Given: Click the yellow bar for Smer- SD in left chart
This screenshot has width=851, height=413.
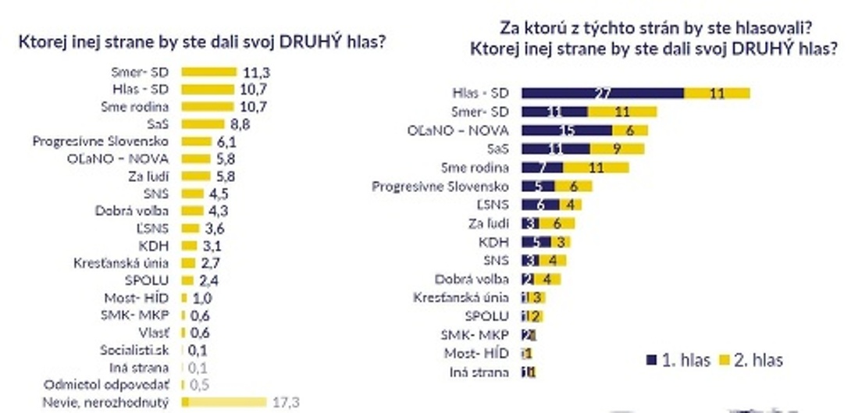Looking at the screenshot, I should pyautogui.click(x=208, y=72).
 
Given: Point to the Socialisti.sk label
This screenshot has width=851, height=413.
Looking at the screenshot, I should pyautogui.click(x=134, y=350).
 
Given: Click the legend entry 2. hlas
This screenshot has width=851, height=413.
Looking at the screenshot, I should pyautogui.click(x=750, y=360).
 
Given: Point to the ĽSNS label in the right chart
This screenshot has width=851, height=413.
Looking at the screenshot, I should pyautogui.click(x=493, y=205).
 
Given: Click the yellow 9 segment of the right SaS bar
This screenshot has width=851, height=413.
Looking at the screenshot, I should pyautogui.click(x=618, y=148).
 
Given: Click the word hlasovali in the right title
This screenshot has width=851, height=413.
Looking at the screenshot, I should pyautogui.click(x=759, y=30).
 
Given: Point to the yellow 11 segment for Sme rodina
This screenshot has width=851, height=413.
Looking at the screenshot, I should pyautogui.click(x=596, y=167).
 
